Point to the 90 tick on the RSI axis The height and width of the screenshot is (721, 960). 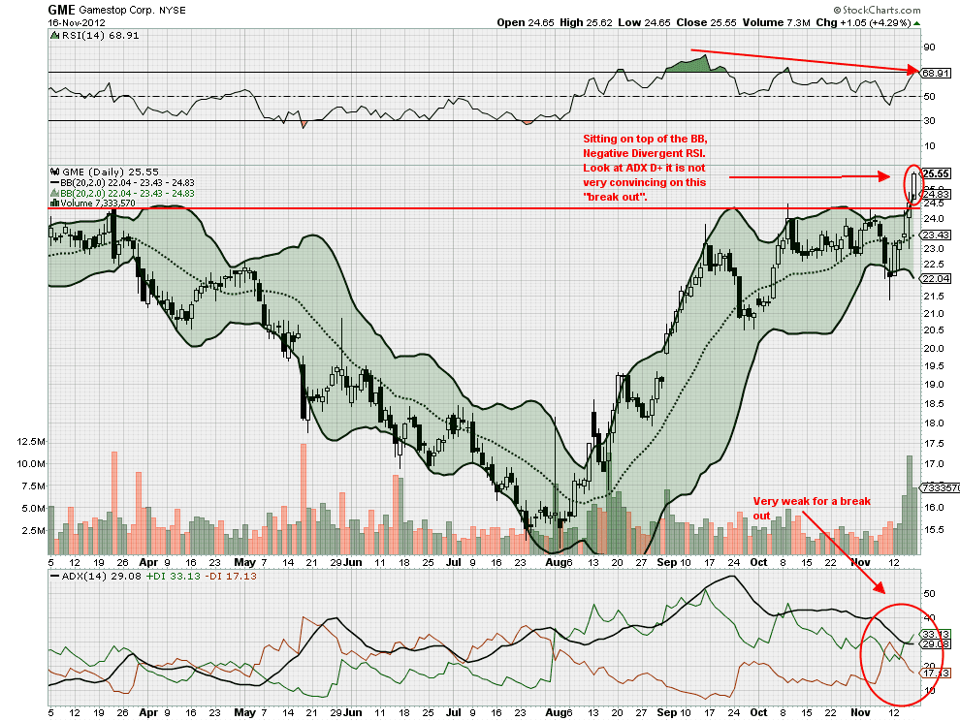tap(928, 47)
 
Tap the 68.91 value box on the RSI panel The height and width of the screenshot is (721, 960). tap(935, 73)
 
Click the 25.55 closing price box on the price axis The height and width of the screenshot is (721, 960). tap(935, 173)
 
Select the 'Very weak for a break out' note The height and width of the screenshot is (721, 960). tap(796, 508)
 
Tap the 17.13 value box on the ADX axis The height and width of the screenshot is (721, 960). tap(935, 673)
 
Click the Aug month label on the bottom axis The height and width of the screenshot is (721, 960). tap(557, 561)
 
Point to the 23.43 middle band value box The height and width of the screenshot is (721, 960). tap(935, 235)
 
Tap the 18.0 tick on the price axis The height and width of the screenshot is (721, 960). tap(933, 423)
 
